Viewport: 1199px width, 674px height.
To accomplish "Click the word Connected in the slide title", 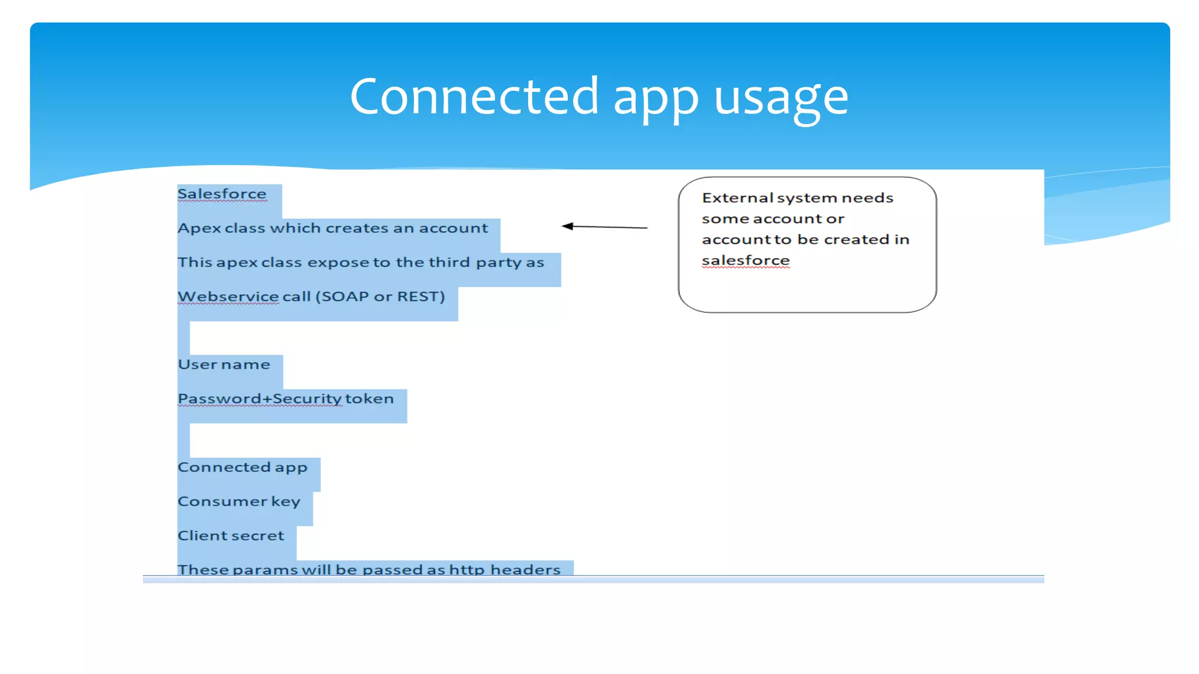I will coord(474,97).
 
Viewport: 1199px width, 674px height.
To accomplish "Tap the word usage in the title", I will coord(781,98).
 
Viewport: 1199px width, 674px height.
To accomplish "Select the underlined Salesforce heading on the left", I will coord(222,194).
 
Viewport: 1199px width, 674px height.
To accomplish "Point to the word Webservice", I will coord(228,297).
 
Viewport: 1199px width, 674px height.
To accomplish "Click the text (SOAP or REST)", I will coord(380,297).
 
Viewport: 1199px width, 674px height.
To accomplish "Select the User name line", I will coord(224,364).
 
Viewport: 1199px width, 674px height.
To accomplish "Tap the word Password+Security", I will coord(259,399).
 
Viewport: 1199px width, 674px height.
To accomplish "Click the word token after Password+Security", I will coord(369,399).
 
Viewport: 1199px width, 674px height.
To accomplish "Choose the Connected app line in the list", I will coord(242,467).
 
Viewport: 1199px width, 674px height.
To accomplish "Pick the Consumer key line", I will coord(239,502).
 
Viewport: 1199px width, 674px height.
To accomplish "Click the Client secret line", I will coord(231,536).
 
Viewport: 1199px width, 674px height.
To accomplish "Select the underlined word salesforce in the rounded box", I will coord(745,260).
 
